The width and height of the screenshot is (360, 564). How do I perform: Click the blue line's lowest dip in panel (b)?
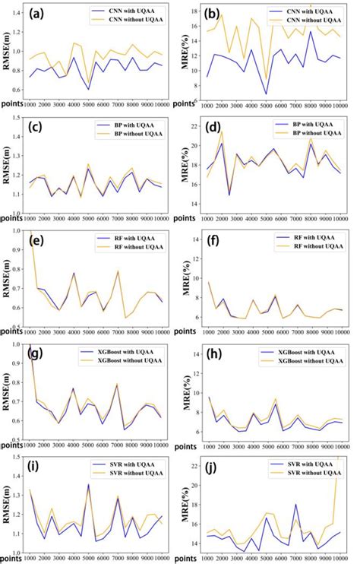tap(266, 94)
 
